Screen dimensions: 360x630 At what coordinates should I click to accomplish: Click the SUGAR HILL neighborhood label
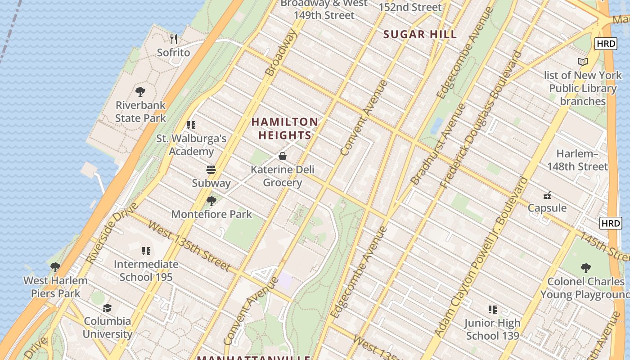tap(420, 34)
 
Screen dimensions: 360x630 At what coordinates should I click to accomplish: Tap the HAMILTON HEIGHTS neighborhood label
tap(284, 128)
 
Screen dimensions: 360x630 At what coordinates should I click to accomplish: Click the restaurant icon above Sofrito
tap(174, 39)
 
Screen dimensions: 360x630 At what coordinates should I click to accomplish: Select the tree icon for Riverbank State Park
tap(140, 92)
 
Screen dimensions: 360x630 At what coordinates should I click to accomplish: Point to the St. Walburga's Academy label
tap(191, 145)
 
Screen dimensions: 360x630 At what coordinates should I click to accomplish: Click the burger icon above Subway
tap(211, 170)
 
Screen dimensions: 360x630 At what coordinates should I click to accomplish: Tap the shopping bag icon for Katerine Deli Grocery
tap(283, 156)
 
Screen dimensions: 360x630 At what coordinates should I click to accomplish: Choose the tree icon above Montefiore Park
tap(211, 201)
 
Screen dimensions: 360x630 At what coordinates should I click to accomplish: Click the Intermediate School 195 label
tap(146, 270)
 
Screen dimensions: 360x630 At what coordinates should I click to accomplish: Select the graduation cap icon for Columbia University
tap(107, 308)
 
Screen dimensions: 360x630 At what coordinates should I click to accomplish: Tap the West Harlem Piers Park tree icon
tap(55, 267)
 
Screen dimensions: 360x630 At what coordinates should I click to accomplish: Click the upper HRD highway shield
tap(605, 44)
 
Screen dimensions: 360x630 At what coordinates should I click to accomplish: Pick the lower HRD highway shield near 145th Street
tap(611, 223)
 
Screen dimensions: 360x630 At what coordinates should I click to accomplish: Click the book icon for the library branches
tap(583, 62)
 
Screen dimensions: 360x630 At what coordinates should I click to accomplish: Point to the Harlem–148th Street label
tap(577, 160)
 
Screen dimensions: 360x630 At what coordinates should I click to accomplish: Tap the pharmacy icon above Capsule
tap(547, 195)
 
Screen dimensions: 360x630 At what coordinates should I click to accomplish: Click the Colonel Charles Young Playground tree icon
tap(585, 268)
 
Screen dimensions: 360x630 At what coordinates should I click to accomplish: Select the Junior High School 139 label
tap(492, 329)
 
